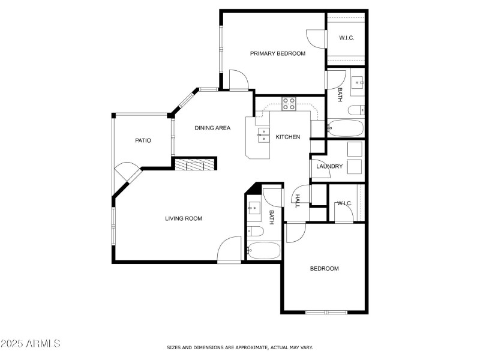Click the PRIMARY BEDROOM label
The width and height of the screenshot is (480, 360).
(277, 53)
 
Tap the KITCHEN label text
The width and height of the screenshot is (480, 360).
(288, 137)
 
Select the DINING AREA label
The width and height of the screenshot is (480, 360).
(212, 128)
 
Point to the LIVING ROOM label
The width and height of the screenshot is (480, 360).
(184, 218)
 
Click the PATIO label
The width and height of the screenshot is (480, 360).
(143, 140)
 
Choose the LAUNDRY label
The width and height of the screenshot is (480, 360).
(329, 166)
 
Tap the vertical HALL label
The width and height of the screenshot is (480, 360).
(297, 201)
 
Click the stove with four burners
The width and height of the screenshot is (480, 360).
(289, 104)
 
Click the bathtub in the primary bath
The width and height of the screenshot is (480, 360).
(346, 128)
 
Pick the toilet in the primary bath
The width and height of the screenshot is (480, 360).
(356, 109)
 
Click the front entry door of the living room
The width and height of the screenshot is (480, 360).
(230, 250)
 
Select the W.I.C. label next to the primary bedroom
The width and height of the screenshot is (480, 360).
(346, 38)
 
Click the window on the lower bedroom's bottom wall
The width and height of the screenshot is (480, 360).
(326, 312)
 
